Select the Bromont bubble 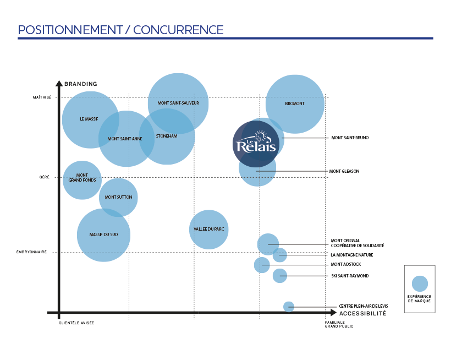295,103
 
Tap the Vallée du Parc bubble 208,229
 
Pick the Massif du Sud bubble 103,235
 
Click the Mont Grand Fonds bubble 82,179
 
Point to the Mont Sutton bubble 118,197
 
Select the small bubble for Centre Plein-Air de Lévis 289,307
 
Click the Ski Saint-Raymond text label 350,276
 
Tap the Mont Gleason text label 344,171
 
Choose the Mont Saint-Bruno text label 350,138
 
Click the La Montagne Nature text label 352,255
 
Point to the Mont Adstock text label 345,265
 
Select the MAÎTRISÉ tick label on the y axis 42,97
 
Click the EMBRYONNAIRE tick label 31,252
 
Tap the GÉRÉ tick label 44,177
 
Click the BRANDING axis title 81,84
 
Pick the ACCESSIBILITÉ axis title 362,313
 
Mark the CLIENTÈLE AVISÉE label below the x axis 76,323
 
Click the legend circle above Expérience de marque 420,283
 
